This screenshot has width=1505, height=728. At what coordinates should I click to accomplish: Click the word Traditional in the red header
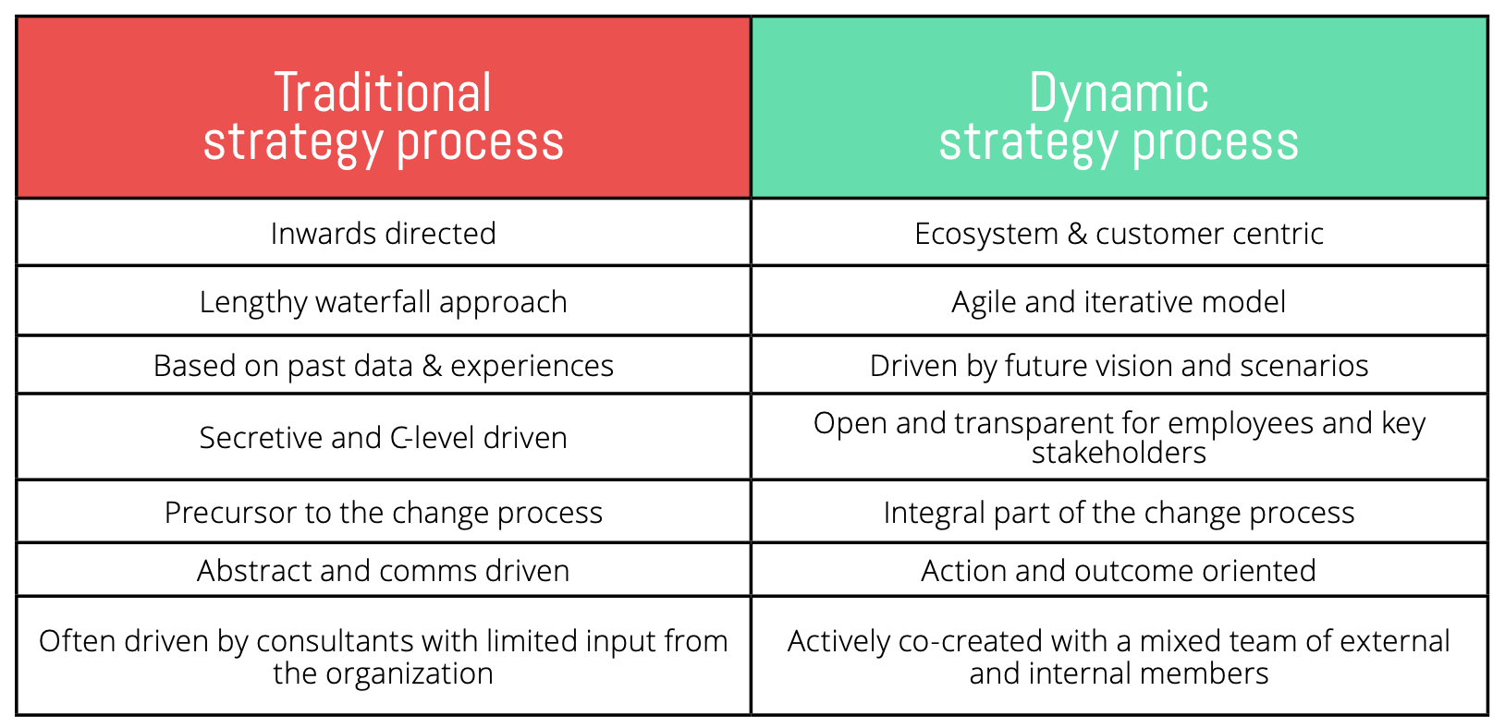pyautogui.click(x=383, y=92)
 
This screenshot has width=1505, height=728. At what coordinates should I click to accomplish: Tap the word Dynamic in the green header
pyautogui.click(x=1119, y=92)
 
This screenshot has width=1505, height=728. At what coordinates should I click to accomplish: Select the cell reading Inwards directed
pyautogui.click(x=383, y=233)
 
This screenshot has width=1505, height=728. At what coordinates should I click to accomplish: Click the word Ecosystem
pyautogui.click(x=986, y=234)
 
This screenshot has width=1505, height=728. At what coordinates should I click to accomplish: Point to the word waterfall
pyautogui.click(x=373, y=301)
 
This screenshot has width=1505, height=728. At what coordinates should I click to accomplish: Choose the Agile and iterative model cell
pyautogui.click(x=1120, y=301)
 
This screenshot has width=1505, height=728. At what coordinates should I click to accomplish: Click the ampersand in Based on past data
pyautogui.click(x=432, y=366)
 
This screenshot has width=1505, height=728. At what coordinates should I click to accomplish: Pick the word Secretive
pyautogui.click(x=261, y=438)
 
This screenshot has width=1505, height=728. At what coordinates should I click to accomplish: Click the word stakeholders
pyautogui.click(x=1119, y=453)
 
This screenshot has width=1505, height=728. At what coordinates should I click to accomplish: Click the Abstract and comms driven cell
pyautogui.click(x=383, y=569)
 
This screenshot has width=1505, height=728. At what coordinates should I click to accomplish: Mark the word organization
pyautogui.click(x=410, y=673)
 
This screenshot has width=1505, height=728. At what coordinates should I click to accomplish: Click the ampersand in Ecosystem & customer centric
pyautogui.click(x=1077, y=234)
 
